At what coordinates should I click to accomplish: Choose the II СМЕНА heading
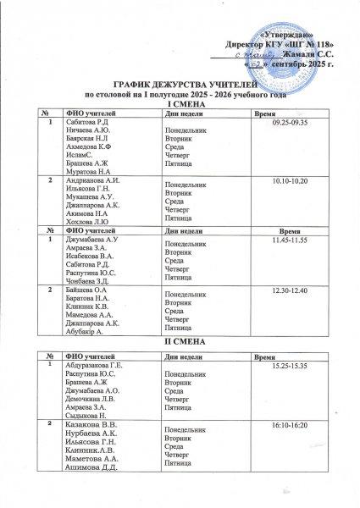180,340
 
